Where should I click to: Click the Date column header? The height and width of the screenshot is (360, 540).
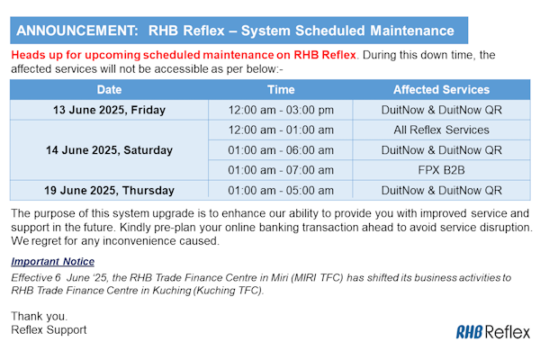tap(109, 90)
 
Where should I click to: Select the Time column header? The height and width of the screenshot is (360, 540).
tap(281, 90)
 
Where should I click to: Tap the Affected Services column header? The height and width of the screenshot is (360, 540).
tap(441, 90)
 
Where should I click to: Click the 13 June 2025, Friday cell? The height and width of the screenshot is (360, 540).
tap(109, 110)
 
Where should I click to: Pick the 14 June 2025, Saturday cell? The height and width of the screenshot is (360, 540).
tap(109, 150)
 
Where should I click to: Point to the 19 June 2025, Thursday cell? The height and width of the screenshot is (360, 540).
tap(109, 190)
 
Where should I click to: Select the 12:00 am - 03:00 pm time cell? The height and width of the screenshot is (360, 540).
tap(281, 110)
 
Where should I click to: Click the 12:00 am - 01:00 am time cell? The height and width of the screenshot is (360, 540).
tap(281, 130)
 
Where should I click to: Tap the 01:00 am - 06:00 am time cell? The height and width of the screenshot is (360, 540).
tap(281, 150)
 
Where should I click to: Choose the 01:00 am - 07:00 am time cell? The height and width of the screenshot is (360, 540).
tap(281, 170)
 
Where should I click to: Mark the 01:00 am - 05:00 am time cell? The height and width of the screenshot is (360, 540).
tap(281, 190)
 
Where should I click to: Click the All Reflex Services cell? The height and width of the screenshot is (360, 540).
tap(441, 130)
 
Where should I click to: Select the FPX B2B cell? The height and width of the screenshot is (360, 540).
tap(441, 170)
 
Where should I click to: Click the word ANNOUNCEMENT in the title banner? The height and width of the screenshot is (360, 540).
tap(74, 31)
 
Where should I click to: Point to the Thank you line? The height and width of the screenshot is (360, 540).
tap(38, 316)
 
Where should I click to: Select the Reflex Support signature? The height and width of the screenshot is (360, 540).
tap(49, 329)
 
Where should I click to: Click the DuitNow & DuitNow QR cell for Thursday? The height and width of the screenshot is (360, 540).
tap(441, 190)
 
